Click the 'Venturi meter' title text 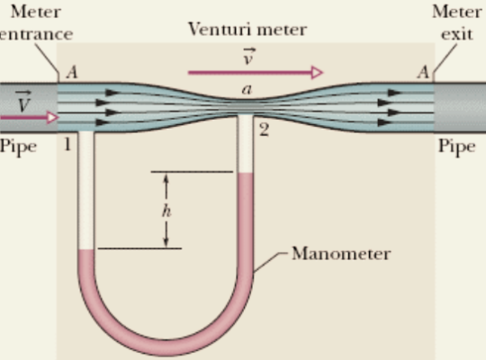click(x=247, y=29)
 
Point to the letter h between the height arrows click(x=166, y=211)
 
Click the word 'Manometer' click(x=340, y=254)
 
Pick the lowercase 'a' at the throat click(x=247, y=90)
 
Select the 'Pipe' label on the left click(x=18, y=146)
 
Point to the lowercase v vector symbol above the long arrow click(x=249, y=56)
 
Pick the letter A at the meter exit click(x=422, y=74)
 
